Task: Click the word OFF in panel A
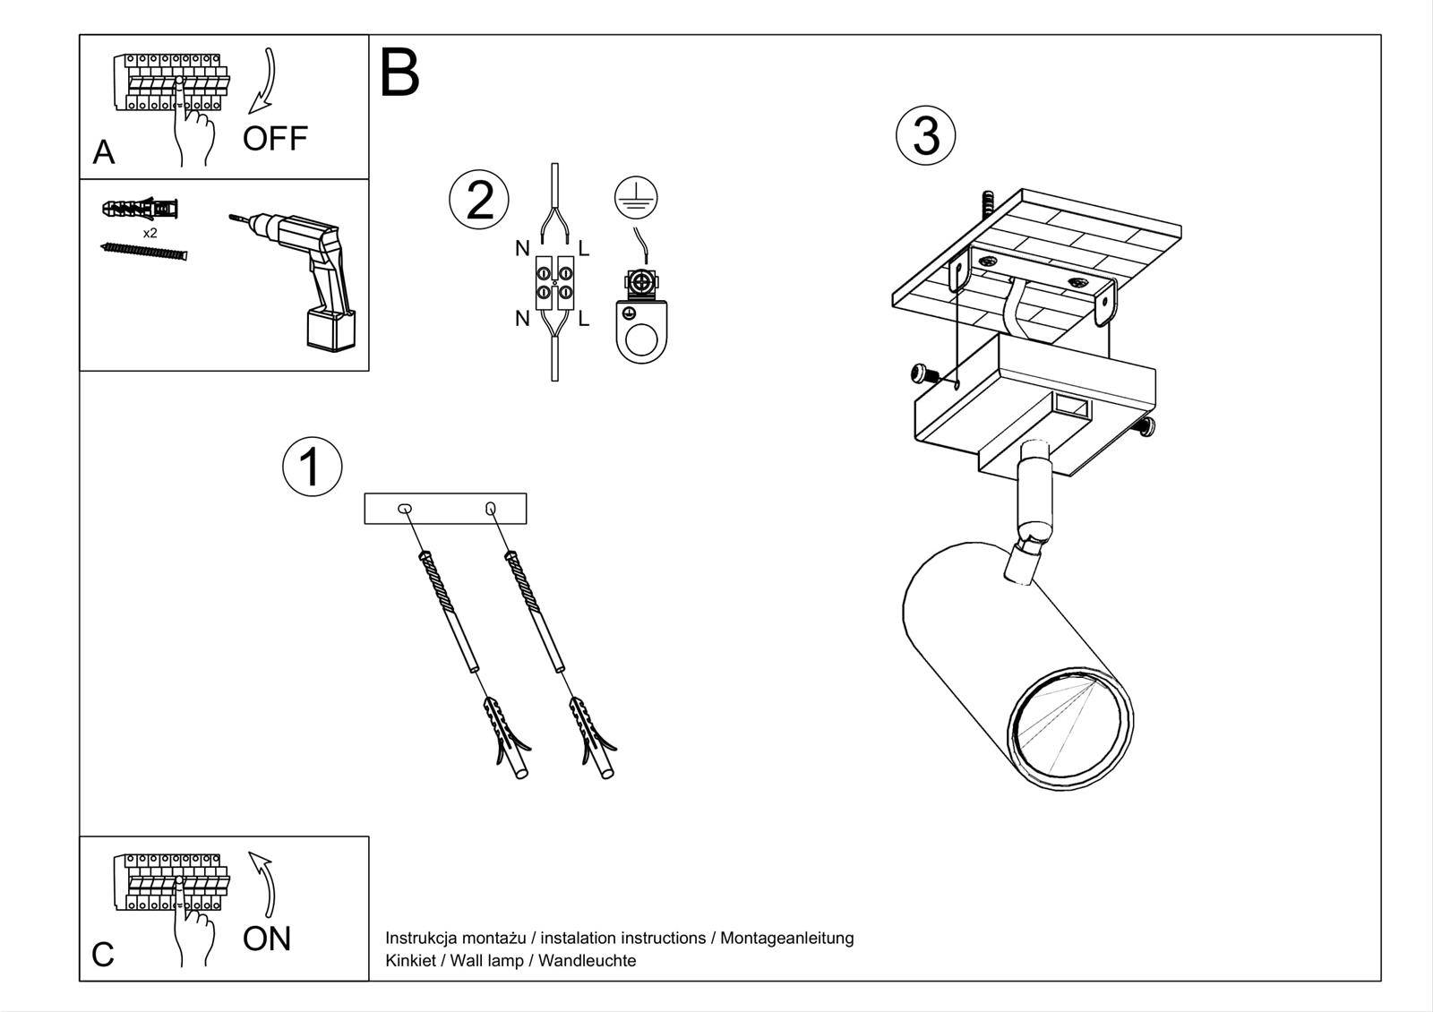point(275,139)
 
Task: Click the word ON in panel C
point(267,939)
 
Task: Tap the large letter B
point(399,73)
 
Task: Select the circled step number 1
point(312,467)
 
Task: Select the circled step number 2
point(479,199)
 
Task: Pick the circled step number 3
point(926,136)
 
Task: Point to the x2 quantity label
point(150,233)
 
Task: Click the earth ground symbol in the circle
point(636,196)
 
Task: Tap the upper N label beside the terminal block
point(522,248)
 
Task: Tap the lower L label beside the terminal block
point(584,318)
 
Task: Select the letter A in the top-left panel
point(104,153)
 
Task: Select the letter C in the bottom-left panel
point(103,955)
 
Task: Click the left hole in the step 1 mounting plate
point(405,509)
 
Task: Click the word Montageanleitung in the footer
point(786,938)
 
